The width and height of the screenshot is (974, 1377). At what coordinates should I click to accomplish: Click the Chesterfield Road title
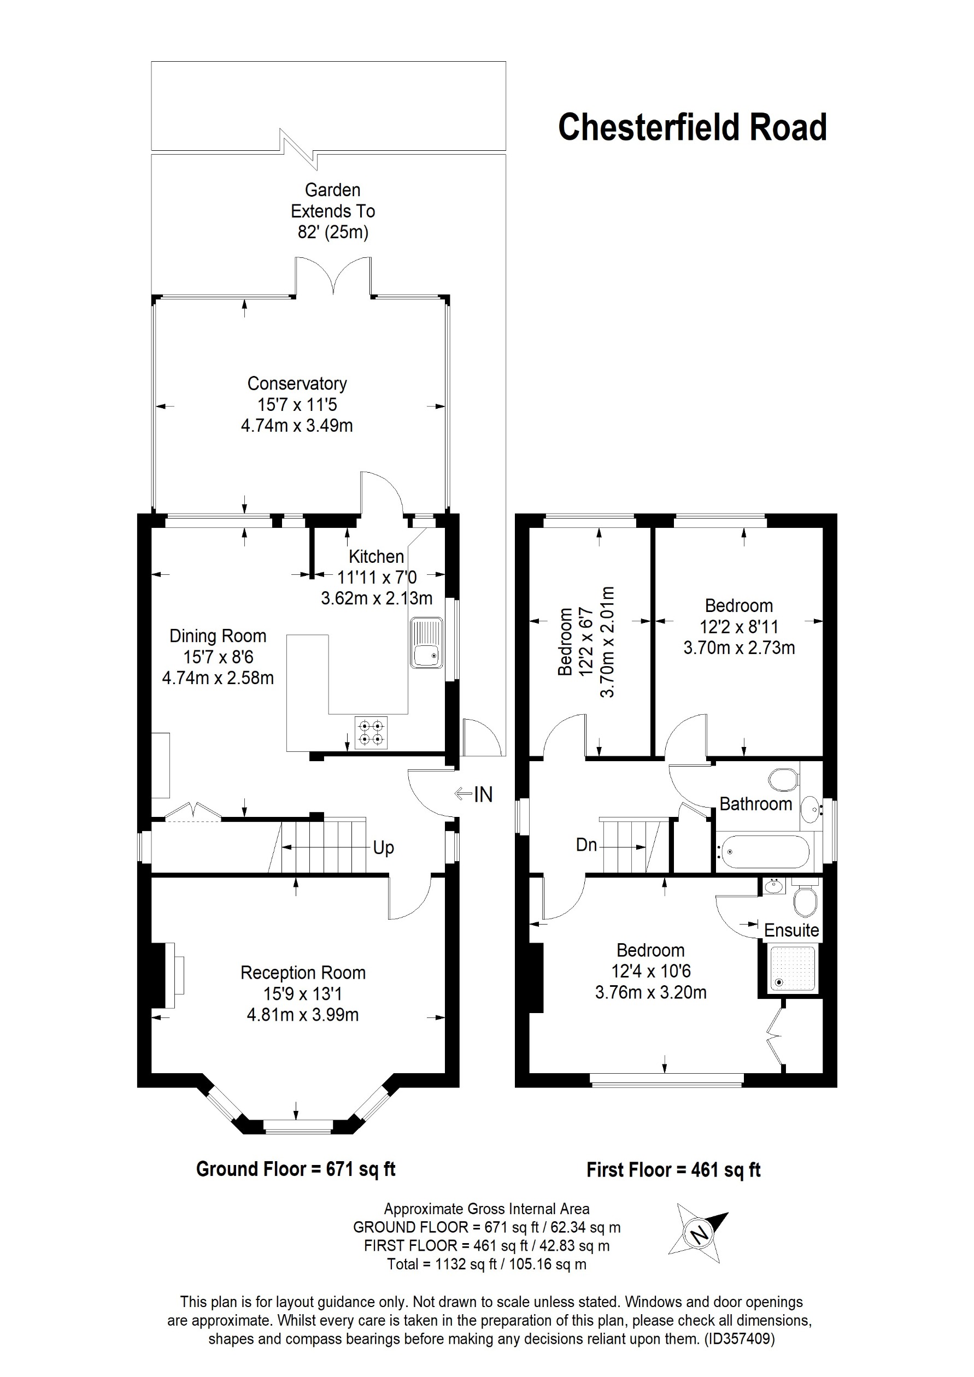(x=692, y=127)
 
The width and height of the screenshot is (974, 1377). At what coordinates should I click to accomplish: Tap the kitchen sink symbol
(x=426, y=644)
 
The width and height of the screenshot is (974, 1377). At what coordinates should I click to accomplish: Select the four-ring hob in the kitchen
(x=371, y=732)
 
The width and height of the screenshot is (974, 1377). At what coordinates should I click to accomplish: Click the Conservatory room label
(x=297, y=383)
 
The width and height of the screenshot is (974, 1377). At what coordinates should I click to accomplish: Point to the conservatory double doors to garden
(x=333, y=276)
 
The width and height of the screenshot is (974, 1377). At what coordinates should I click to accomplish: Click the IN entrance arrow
(x=474, y=794)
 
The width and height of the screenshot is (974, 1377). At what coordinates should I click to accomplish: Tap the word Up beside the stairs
(x=383, y=848)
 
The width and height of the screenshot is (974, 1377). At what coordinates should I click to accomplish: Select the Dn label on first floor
(x=586, y=845)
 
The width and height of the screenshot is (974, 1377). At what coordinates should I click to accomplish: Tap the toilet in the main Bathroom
(x=783, y=780)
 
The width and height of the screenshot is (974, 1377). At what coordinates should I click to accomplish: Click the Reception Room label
(x=303, y=972)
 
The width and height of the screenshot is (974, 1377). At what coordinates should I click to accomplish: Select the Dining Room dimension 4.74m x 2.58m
(x=218, y=678)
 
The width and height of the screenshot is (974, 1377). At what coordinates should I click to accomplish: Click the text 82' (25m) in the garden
(x=333, y=232)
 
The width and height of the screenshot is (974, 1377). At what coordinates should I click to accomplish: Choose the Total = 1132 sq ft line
(x=486, y=1264)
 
